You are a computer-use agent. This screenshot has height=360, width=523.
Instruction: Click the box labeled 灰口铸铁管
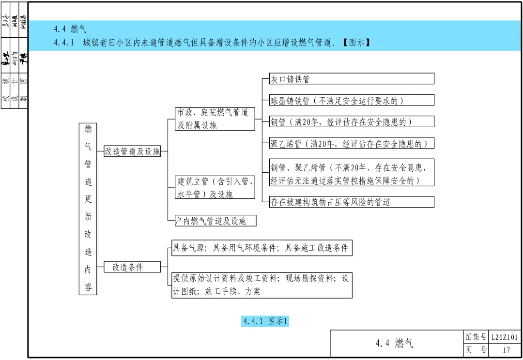352,79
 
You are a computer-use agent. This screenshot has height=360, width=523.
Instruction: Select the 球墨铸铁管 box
352,100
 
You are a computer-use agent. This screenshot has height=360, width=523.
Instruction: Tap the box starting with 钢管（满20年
352,121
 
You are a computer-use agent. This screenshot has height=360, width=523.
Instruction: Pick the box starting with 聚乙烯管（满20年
352,143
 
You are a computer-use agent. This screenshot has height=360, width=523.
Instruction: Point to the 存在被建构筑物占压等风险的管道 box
352,202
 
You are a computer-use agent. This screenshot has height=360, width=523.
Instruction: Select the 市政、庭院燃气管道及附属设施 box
215,119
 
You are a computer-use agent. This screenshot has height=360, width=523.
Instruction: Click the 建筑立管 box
215,187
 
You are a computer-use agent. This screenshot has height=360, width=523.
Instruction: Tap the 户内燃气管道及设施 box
215,221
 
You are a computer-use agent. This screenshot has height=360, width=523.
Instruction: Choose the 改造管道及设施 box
132,151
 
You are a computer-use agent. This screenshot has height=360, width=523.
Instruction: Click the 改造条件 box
132,267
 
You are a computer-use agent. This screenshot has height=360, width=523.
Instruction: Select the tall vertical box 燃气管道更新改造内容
88,209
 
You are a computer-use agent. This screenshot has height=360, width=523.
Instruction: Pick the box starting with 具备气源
261,248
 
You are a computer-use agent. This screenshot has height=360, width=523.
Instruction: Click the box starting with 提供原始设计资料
261,285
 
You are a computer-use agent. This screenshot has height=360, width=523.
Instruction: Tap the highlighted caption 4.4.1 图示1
265,321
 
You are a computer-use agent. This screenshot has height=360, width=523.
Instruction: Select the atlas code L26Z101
506,337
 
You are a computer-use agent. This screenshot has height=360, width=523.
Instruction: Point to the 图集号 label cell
475,337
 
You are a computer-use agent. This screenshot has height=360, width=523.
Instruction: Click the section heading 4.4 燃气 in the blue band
70,30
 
